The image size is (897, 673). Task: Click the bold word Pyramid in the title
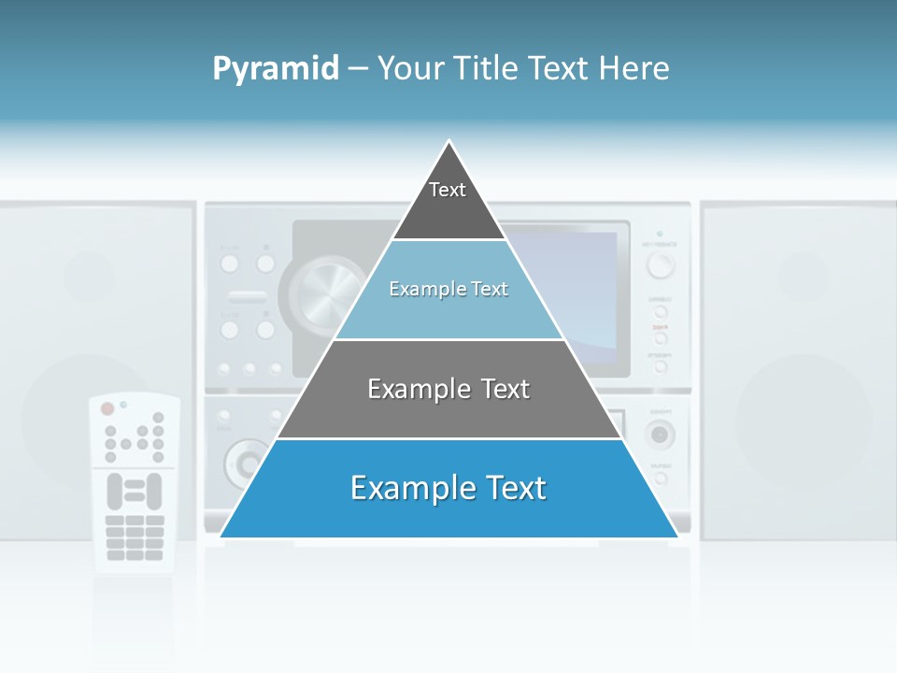tap(276, 68)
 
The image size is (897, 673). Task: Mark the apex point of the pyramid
tap(449, 142)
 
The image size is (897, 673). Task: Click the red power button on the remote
tap(107, 408)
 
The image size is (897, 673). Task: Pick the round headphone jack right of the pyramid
tap(660, 434)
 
